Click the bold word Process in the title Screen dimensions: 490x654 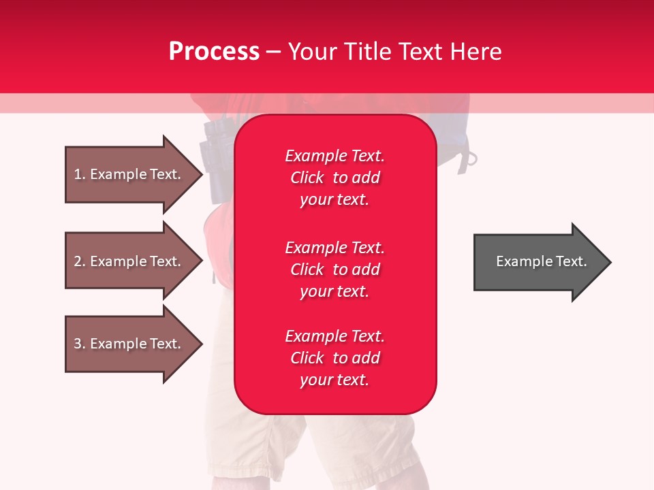(x=214, y=52)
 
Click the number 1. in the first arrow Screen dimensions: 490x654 (x=80, y=174)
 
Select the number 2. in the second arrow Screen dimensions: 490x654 (x=80, y=261)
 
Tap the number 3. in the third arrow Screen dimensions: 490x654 (x=80, y=344)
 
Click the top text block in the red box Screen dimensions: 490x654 (x=334, y=178)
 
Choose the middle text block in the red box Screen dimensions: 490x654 (x=334, y=269)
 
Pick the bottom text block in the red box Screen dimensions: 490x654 (x=334, y=358)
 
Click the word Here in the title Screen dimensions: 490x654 (x=478, y=52)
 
